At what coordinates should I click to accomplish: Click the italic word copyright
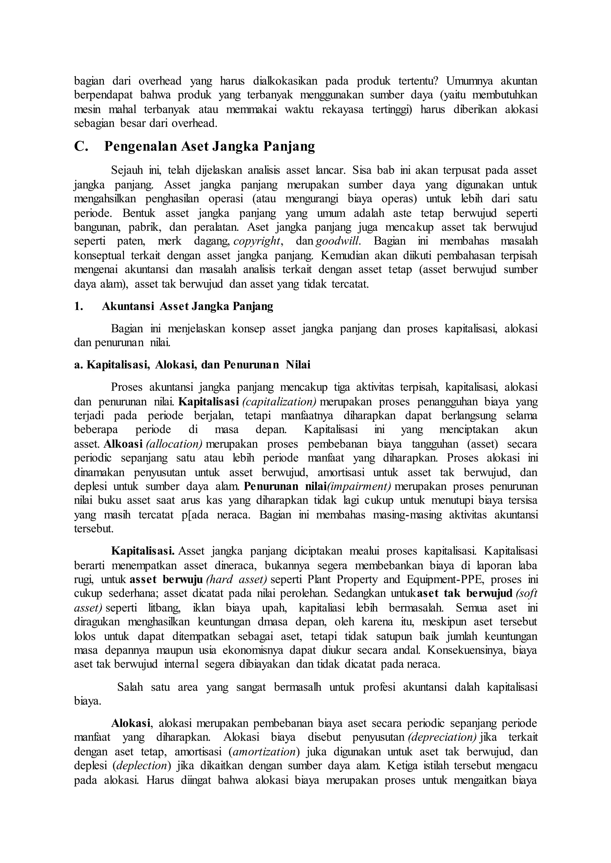click(257, 241)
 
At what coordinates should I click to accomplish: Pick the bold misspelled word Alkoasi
click(124, 444)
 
